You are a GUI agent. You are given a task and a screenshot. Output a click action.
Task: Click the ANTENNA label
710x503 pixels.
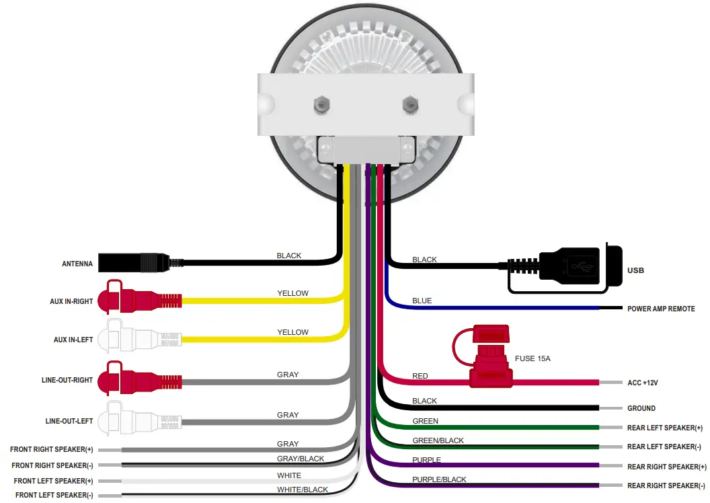(x=77, y=264)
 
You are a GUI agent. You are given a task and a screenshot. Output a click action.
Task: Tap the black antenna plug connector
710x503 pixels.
(x=138, y=262)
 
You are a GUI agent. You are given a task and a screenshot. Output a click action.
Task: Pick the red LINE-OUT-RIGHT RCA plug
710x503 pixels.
(x=138, y=380)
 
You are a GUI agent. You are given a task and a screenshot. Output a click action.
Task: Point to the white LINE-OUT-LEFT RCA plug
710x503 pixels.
(x=138, y=420)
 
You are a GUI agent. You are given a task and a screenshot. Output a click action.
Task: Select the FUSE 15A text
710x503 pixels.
(x=532, y=358)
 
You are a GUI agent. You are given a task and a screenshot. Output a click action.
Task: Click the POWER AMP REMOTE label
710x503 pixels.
(x=661, y=309)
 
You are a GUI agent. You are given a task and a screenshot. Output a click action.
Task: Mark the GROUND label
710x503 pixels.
(x=641, y=408)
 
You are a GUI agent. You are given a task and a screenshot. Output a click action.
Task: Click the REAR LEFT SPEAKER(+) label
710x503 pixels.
(x=664, y=428)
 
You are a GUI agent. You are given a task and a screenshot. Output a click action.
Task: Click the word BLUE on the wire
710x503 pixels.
(x=422, y=301)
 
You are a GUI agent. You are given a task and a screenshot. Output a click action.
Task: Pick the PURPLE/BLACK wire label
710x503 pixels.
(x=439, y=479)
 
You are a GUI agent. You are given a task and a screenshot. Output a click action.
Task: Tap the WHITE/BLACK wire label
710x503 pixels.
(x=303, y=490)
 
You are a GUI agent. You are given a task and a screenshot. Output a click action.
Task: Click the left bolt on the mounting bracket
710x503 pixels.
(x=321, y=104)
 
